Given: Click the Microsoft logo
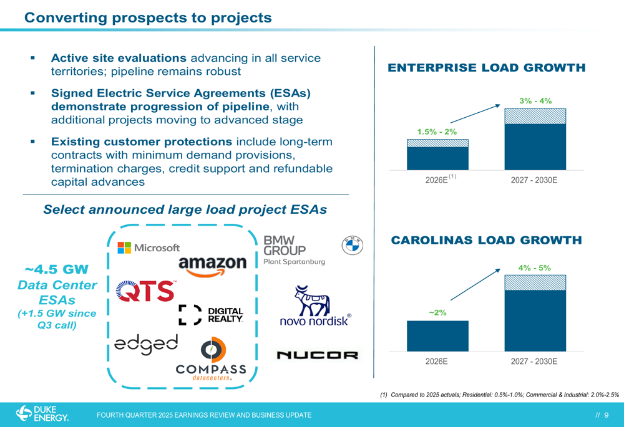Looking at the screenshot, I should [149, 247].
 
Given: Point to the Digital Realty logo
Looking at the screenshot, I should [211, 315].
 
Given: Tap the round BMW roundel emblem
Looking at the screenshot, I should [353, 246].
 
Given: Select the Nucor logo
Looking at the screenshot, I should [317, 355].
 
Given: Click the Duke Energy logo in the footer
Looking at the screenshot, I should [42, 414].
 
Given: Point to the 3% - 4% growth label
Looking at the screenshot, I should [535, 100].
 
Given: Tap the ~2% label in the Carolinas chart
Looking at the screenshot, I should [437, 312].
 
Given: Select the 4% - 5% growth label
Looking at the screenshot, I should [534, 268].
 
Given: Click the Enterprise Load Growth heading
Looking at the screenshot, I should [487, 67].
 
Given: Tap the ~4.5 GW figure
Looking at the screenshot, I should [57, 270].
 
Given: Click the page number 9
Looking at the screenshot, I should [606, 415].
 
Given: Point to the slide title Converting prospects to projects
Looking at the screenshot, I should [148, 17].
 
